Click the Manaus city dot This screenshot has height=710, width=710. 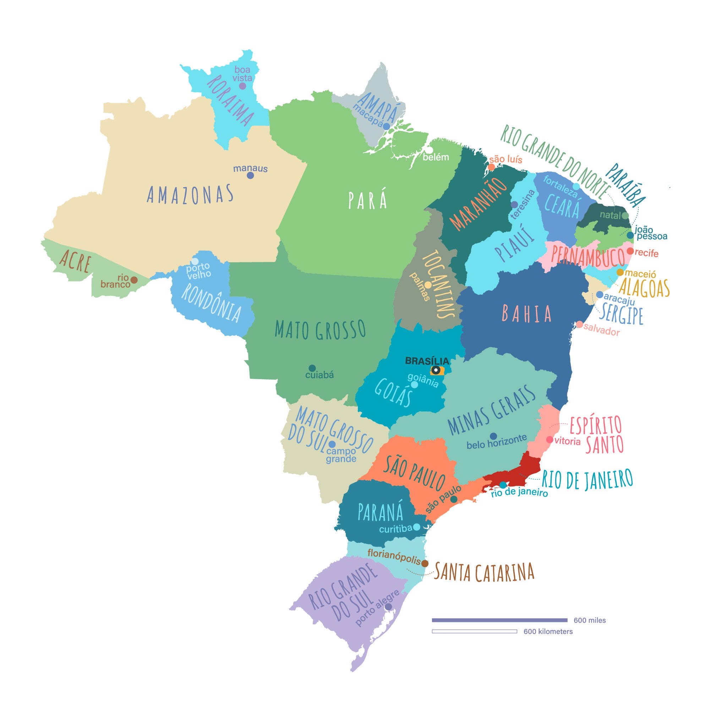point(250,176)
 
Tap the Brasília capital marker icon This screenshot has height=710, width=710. point(436,370)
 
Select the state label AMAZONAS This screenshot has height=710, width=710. point(190,194)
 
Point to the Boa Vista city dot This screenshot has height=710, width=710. point(242,86)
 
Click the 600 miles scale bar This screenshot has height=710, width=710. point(499,620)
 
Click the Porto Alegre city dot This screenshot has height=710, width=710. point(388,607)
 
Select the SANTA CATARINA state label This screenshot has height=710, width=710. point(484,573)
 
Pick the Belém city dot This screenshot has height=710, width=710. point(429,150)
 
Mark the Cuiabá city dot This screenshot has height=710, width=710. point(312,368)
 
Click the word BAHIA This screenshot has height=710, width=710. point(526,313)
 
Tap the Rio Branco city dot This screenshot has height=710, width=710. point(134,280)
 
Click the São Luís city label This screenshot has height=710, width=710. point(505,159)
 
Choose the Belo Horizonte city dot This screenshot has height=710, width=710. point(493,436)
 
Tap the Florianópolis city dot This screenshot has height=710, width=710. point(425,563)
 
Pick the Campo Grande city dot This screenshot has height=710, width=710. point(332,444)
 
